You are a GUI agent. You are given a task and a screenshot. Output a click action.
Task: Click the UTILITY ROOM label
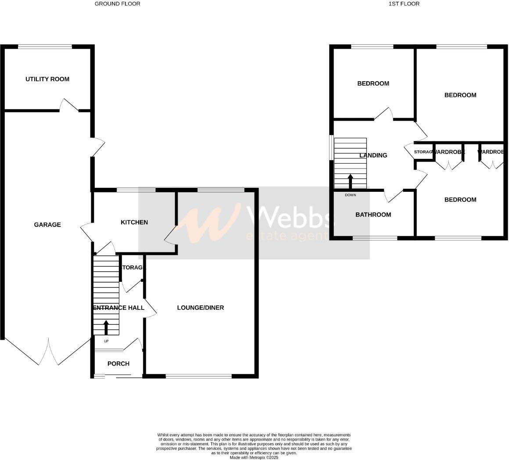pos(47,79)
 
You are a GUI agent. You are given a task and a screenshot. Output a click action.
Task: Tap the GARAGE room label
pos(47,225)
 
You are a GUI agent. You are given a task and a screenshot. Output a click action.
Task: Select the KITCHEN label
pos(134,223)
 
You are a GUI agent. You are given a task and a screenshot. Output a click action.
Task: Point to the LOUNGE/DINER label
pos(201,308)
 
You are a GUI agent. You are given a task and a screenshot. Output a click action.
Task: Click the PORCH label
pos(118,364)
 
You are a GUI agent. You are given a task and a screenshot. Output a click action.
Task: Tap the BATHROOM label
pos(373,215)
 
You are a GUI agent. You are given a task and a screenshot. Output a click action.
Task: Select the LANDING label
pos(373,155)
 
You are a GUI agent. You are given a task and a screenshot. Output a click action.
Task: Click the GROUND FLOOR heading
pos(118,4)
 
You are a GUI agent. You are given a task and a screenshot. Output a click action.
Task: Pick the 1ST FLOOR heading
pos(404,4)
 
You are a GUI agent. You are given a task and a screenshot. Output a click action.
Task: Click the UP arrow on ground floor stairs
pos(106,327)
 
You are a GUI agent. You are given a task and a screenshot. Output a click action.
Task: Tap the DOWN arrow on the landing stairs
pos(350,181)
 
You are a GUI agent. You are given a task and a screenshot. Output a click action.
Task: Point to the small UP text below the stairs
pos(106,341)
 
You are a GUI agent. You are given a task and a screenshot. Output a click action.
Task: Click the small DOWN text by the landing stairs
pos(350,195)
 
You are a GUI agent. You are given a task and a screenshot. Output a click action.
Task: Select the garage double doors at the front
pos(48,352)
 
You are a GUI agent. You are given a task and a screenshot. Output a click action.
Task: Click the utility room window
pos(45,47)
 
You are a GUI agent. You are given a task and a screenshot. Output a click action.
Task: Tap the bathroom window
pos(375,238)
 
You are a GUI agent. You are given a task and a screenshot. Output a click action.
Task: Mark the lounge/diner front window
pos(198,376)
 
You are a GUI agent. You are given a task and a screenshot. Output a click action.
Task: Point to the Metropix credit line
pos(254,457)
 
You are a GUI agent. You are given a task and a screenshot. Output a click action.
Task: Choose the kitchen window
pos(136,190)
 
